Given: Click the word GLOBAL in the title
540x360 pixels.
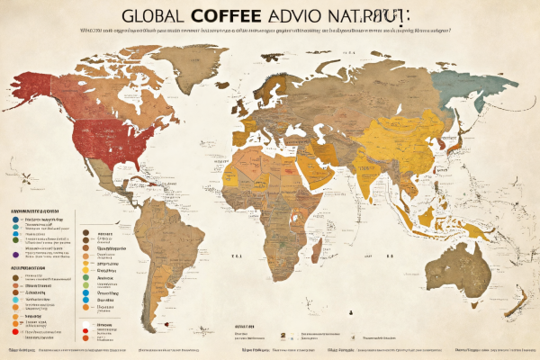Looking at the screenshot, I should coord(154,17).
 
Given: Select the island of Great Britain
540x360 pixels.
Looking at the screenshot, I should coord(237,106).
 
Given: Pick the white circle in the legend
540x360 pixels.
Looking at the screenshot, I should coord(84,323).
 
